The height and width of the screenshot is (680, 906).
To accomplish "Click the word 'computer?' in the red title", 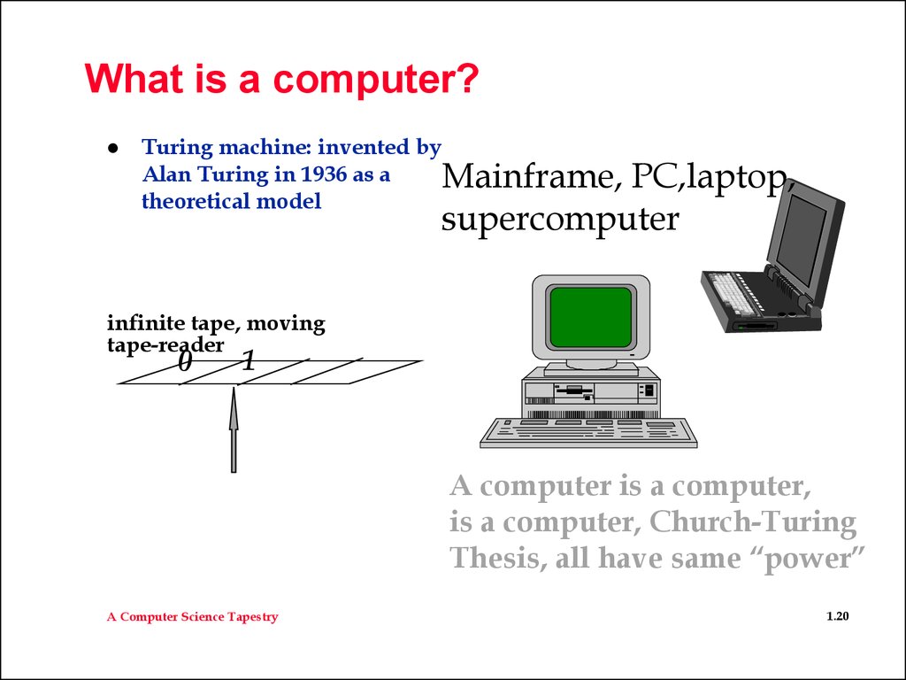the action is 375,80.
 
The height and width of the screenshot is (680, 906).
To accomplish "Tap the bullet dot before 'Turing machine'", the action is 113,148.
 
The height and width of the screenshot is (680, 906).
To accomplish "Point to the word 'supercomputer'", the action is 560,220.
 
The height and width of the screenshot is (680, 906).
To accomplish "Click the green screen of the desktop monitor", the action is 590,316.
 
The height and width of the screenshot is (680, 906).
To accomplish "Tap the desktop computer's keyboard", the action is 588,432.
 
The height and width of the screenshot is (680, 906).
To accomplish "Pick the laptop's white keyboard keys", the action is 729,294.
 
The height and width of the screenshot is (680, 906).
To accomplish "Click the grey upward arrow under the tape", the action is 234,429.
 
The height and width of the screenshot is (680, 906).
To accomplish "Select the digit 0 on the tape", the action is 184,362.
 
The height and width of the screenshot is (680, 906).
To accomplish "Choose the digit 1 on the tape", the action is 248,361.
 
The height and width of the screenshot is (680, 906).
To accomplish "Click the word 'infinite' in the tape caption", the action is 147,322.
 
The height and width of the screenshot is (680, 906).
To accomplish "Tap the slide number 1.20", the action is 838,616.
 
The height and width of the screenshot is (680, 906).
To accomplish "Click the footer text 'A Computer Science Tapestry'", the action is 192,617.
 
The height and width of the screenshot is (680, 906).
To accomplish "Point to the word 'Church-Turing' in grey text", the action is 753,522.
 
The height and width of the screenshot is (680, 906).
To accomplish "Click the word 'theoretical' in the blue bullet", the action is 196,201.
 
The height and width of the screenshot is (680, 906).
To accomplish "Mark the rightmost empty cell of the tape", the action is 357,372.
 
